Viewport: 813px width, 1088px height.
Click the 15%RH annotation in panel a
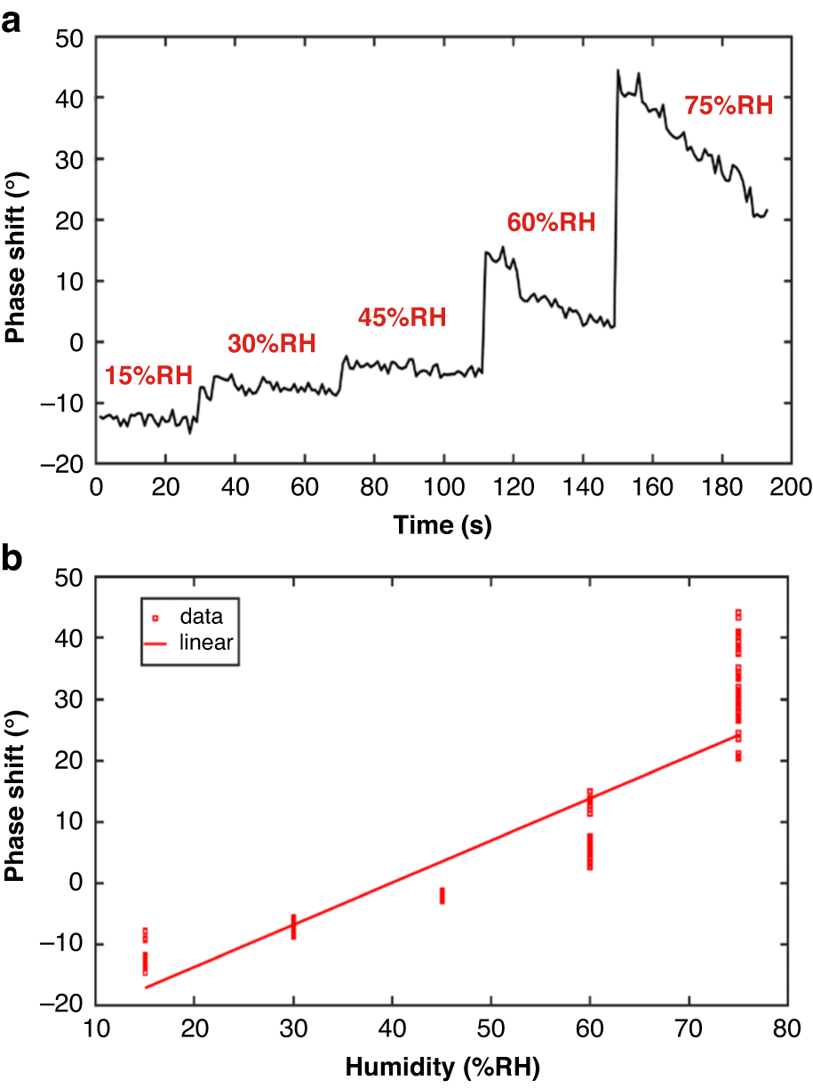pos(148,375)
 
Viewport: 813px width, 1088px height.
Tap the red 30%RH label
pos(271,343)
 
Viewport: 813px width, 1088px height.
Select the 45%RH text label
pos(402,317)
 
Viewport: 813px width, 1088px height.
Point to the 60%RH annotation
pos(550,220)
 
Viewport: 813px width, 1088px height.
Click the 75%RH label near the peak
pos(729,106)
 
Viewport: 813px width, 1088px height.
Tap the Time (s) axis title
pos(442,524)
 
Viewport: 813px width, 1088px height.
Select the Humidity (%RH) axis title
pos(442,1065)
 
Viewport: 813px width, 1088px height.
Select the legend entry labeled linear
pos(204,642)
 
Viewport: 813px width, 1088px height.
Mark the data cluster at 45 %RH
pos(442,895)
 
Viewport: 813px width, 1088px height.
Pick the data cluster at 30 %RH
pos(293,925)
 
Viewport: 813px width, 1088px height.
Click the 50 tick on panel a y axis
pos(68,37)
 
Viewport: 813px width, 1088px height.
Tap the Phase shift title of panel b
pos(14,790)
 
